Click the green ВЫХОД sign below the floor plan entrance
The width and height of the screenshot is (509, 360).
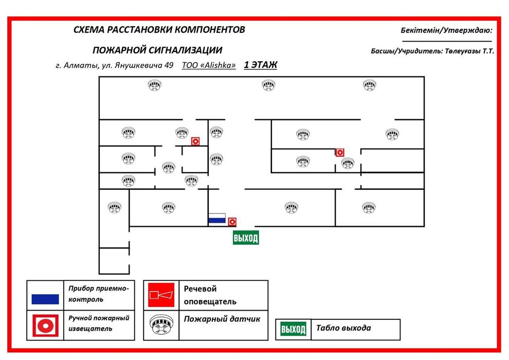[x=246, y=238]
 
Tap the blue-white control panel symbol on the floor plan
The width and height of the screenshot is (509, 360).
[x=216, y=218]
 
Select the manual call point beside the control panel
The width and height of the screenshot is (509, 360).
[x=232, y=222]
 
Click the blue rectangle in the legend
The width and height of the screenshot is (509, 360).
[x=45, y=299]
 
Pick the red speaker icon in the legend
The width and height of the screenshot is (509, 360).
[x=161, y=295]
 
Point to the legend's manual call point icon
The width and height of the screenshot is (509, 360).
[x=45, y=325]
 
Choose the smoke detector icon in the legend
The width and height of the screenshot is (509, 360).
[x=161, y=325]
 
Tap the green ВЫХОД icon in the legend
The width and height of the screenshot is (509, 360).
[x=293, y=329]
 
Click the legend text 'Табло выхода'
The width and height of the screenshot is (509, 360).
[x=343, y=328]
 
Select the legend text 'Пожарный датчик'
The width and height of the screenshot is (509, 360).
[x=222, y=319]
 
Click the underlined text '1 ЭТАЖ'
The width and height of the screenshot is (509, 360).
[x=260, y=65]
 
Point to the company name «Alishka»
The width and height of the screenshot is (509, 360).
[x=219, y=65]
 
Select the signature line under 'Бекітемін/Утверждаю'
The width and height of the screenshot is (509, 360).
[x=446, y=41]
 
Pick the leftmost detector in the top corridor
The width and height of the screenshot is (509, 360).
[x=155, y=85]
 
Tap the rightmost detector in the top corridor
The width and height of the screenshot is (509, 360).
[x=369, y=85]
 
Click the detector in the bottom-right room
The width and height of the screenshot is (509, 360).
[x=369, y=208]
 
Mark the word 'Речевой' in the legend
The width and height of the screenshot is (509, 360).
[x=200, y=289]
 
